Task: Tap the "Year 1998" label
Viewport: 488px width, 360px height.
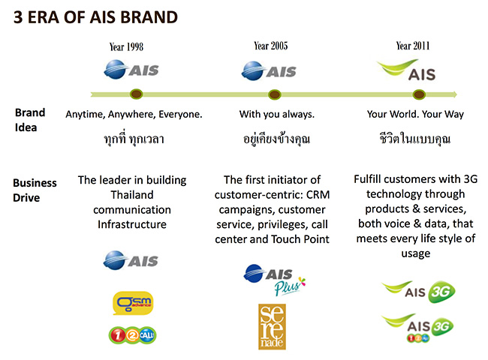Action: [127, 46]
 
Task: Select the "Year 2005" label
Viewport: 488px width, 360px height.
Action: [271, 46]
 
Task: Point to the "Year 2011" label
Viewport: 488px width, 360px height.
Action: [414, 46]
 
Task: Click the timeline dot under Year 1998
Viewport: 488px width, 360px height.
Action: [136, 94]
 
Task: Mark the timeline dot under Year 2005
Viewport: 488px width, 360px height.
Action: [275, 94]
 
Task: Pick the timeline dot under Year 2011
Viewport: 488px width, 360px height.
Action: [418, 94]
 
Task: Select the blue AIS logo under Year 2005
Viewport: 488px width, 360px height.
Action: [269, 71]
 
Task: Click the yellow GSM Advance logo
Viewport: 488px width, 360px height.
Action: [133, 303]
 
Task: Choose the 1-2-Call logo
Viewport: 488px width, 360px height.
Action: [133, 334]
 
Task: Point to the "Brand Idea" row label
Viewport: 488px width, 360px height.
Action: [30, 120]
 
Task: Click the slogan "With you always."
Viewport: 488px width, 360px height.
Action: [277, 115]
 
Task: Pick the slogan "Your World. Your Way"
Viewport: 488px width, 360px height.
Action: [415, 115]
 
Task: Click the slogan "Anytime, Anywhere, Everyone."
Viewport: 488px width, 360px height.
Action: [134, 115]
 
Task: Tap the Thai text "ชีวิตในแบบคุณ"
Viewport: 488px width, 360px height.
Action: [415, 139]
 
